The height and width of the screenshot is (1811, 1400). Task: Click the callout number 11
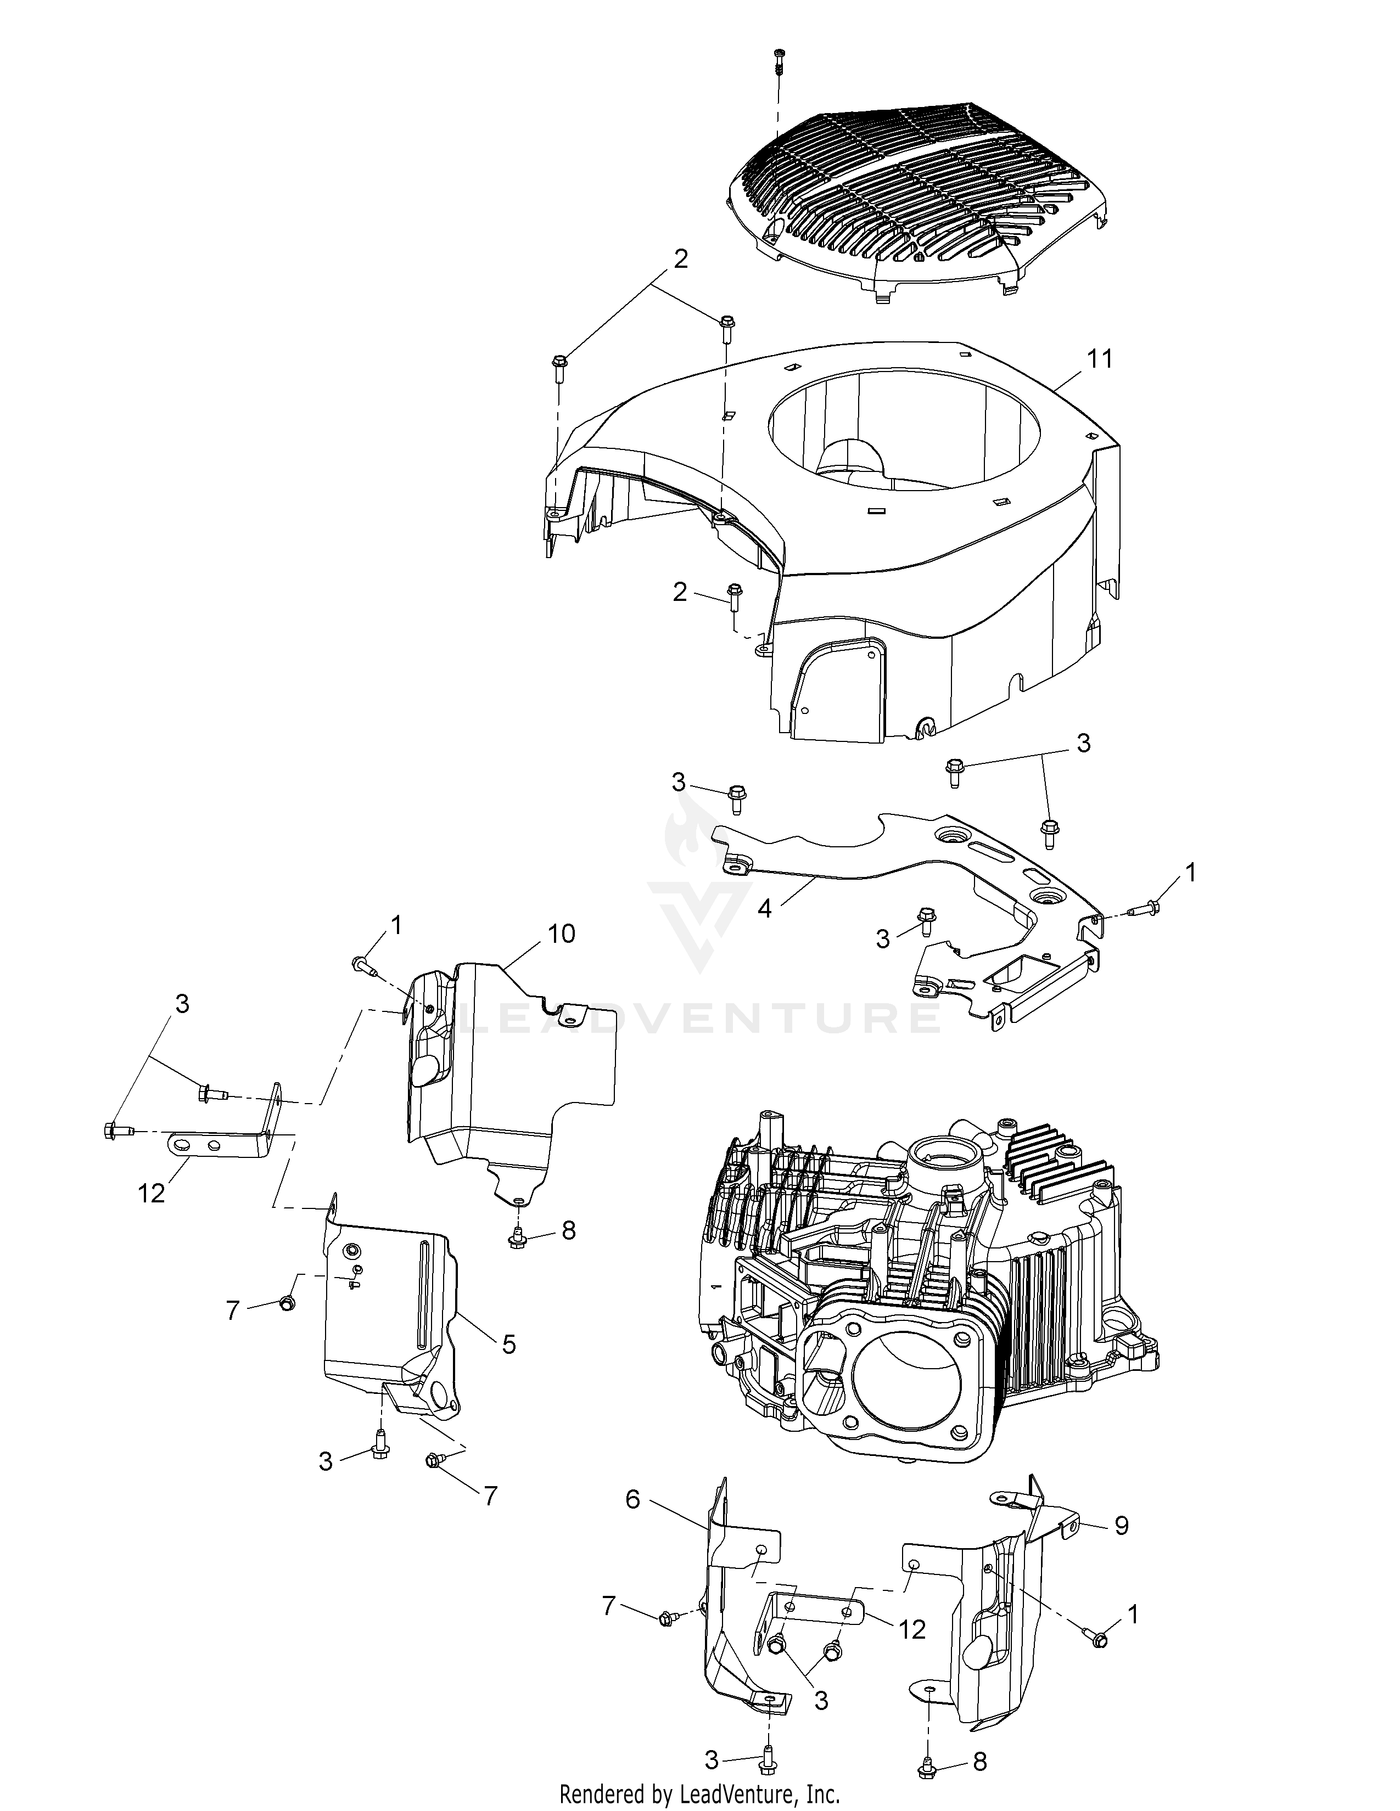click(x=1100, y=359)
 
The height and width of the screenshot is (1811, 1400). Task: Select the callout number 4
click(x=764, y=908)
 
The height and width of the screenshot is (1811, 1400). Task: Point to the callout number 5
click(x=508, y=1344)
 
